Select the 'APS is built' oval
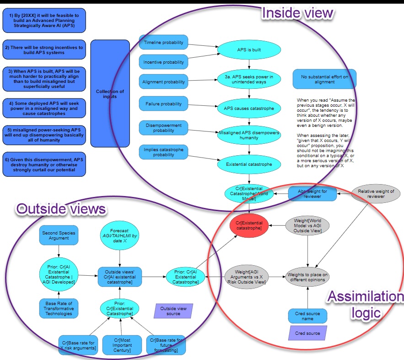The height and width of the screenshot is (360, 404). [248, 50]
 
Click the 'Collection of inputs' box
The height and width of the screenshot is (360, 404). [110, 93]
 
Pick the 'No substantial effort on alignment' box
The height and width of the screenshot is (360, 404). [324, 79]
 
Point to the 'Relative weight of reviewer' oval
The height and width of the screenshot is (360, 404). [376, 194]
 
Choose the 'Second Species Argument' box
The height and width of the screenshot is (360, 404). [59, 235]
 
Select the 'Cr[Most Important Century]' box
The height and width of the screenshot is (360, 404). [121, 344]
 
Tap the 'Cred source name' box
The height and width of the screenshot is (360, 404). [307, 316]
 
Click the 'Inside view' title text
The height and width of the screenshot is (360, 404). [297, 13]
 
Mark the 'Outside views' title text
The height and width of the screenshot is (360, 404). [61, 209]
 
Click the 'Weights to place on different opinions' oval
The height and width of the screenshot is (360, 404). [307, 277]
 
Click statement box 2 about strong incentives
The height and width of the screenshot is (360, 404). [43, 50]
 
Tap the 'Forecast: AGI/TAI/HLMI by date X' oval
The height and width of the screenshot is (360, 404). [119, 237]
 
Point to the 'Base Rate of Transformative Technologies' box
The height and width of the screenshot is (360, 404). [59, 308]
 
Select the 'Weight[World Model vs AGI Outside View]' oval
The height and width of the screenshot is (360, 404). [307, 225]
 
